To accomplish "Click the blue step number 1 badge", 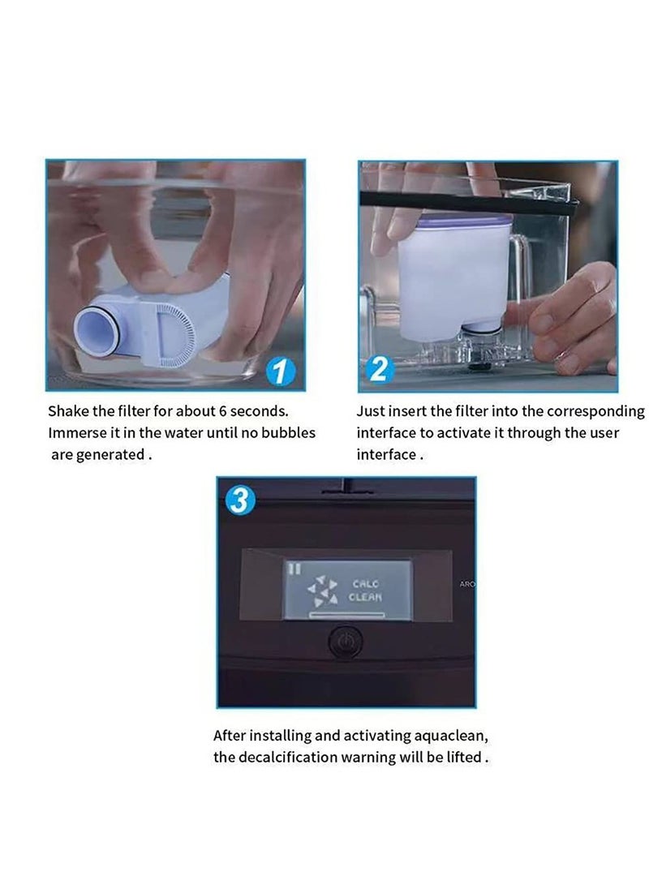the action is coord(281,372).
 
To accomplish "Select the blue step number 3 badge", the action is coord(240,500).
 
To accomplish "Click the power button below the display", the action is coord(345,642).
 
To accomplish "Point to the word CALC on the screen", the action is coord(366,583).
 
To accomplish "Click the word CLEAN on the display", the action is coord(365,597).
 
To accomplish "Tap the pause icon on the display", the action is coord(294,568).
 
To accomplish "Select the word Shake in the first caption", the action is coord(67,411).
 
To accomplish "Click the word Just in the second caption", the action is coord(370,411).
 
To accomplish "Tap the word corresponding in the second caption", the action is coord(595,411).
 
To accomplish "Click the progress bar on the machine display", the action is coord(346,614).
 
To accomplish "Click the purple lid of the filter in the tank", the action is coord(456,220).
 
